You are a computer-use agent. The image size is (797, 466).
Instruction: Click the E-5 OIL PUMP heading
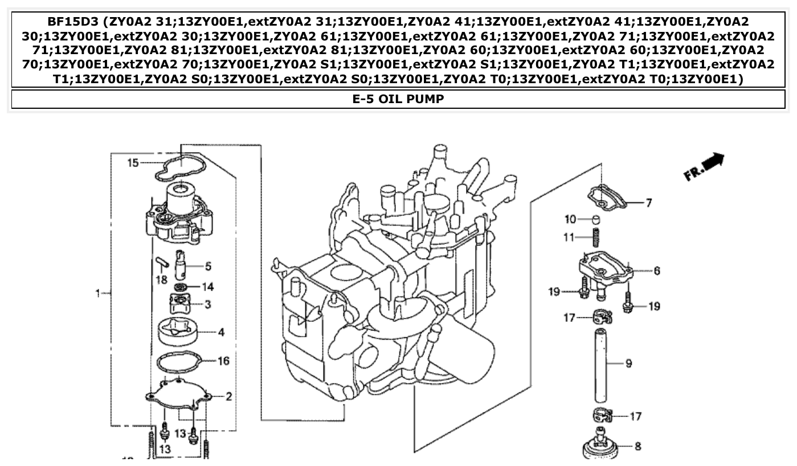pos(398,99)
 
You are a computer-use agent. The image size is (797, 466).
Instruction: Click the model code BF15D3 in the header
pos(75,22)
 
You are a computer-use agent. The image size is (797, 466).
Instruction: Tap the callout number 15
pos(133,163)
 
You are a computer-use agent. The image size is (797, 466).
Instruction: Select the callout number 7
pos(649,203)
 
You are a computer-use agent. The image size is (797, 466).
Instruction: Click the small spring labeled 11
pos(596,236)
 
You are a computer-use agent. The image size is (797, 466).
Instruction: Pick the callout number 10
pos(570,220)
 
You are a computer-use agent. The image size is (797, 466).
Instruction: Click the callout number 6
pos(657,271)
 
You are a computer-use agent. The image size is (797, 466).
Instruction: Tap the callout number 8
pos(637,446)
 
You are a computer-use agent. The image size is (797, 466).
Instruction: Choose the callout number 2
pos(228,396)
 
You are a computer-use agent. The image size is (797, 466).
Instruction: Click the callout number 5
pos(208,266)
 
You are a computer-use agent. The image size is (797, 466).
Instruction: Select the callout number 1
pos(97,293)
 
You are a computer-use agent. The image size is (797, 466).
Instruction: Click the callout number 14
pos(208,287)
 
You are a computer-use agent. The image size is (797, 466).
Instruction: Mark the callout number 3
pos(208,305)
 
